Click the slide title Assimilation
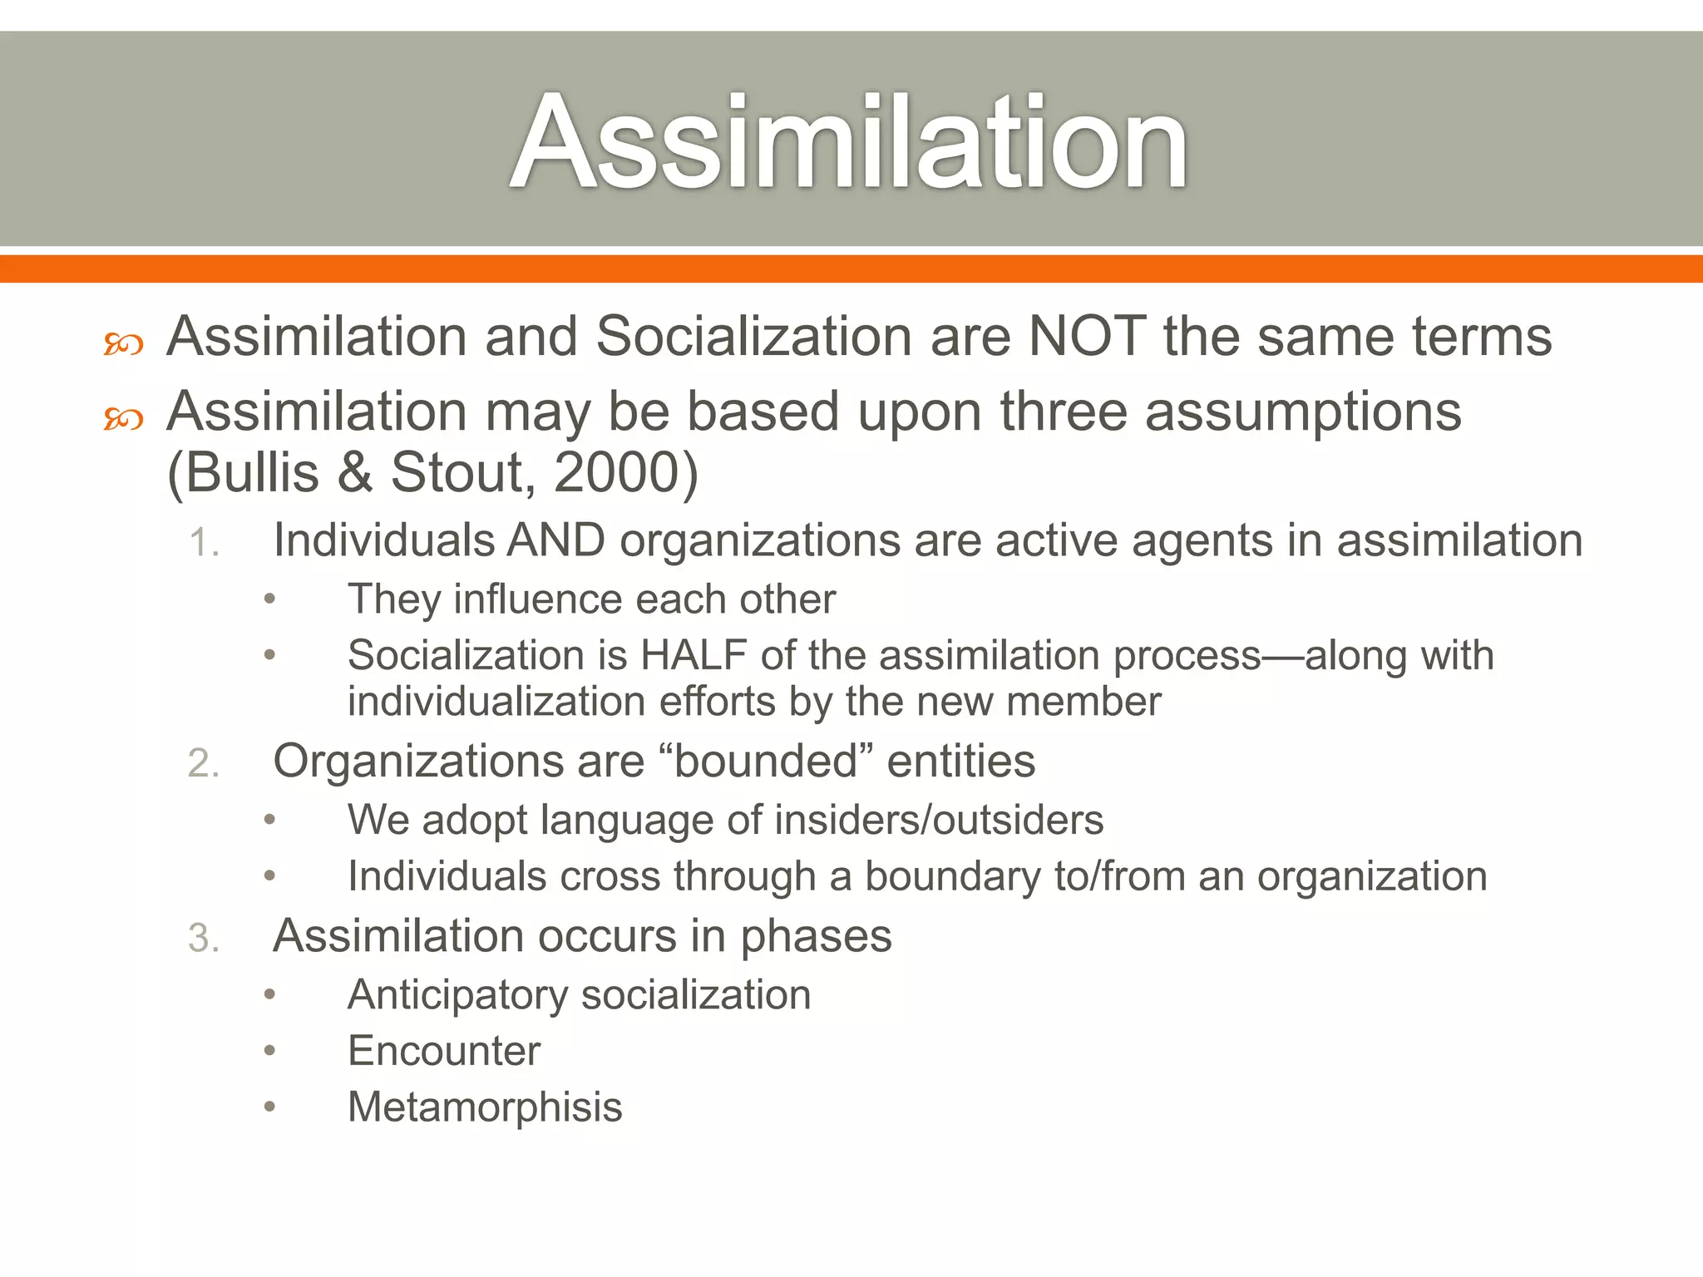[x=849, y=141]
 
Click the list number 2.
[x=204, y=763]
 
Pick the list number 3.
[x=204, y=939]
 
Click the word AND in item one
[x=556, y=540]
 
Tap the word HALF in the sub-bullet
[x=694, y=655]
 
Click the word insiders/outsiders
[x=939, y=820]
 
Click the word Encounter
[x=444, y=1051]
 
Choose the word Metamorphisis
[x=485, y=1107]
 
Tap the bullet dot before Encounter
[x=269, y=1051]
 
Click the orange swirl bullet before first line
[x=123, y=344]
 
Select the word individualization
[x=496, y=702]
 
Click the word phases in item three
[x=816, y=937]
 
